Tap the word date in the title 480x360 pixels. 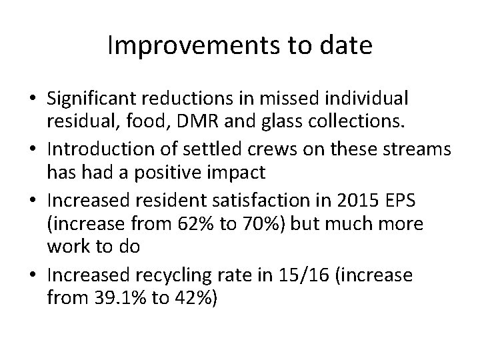(345, 46)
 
